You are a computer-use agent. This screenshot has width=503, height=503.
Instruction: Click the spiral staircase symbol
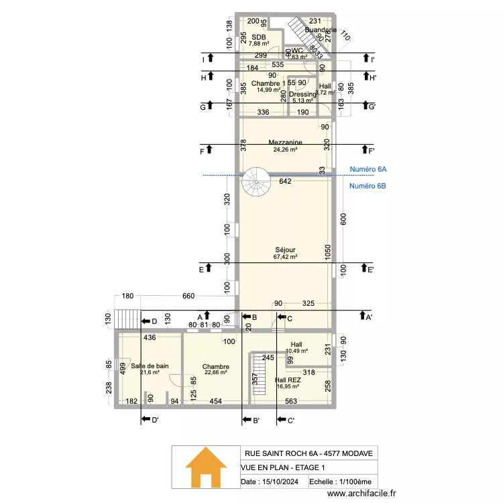(256, 180)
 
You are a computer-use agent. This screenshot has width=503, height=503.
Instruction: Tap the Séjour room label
(285, 249)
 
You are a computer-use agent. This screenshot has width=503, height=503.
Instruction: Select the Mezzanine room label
(285, 142)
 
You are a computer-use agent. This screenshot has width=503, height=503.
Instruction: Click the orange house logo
(206, 469)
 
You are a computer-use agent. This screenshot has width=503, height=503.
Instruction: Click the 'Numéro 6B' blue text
(367, 186)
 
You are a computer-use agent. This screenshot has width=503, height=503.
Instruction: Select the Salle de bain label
(150, 366)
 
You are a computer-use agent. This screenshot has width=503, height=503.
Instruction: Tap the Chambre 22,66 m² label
(215, 367)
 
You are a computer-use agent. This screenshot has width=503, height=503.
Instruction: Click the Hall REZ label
(288, 380)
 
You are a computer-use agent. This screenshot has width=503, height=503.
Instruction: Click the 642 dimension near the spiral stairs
(285, 181)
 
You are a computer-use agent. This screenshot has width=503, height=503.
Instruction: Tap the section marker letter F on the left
(201, 152)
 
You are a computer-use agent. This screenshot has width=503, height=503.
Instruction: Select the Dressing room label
(302, 95)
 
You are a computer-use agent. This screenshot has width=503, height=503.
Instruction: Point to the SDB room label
(259, 37)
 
